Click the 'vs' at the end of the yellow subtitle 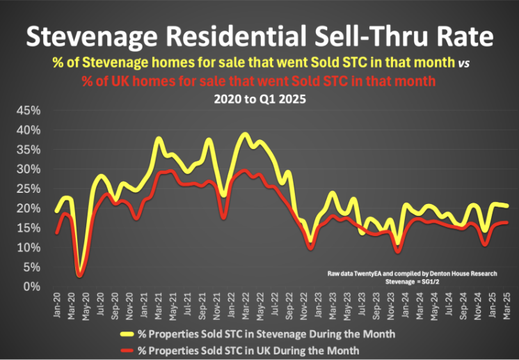[463, 63]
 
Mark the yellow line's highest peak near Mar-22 [244, 134]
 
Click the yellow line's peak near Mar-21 [159, 139]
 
